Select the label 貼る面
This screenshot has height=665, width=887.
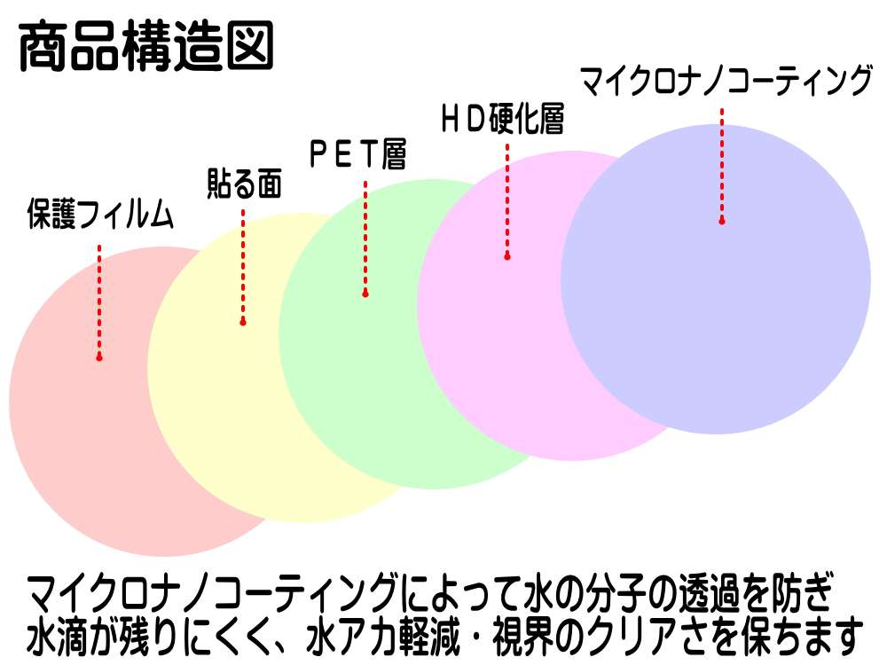click(243, 184)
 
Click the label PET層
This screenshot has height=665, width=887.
click(357, 155)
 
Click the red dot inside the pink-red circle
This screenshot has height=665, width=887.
click(99, 357)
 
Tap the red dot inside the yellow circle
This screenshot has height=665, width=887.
click(243, 323)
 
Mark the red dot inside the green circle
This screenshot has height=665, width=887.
click(365, 293)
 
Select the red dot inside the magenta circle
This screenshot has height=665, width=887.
click(507, 257)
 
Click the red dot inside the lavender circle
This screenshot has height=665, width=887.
click(722, 221)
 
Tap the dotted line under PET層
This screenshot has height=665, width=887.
click(365, 235)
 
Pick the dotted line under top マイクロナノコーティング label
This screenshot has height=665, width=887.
click(722, 164)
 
